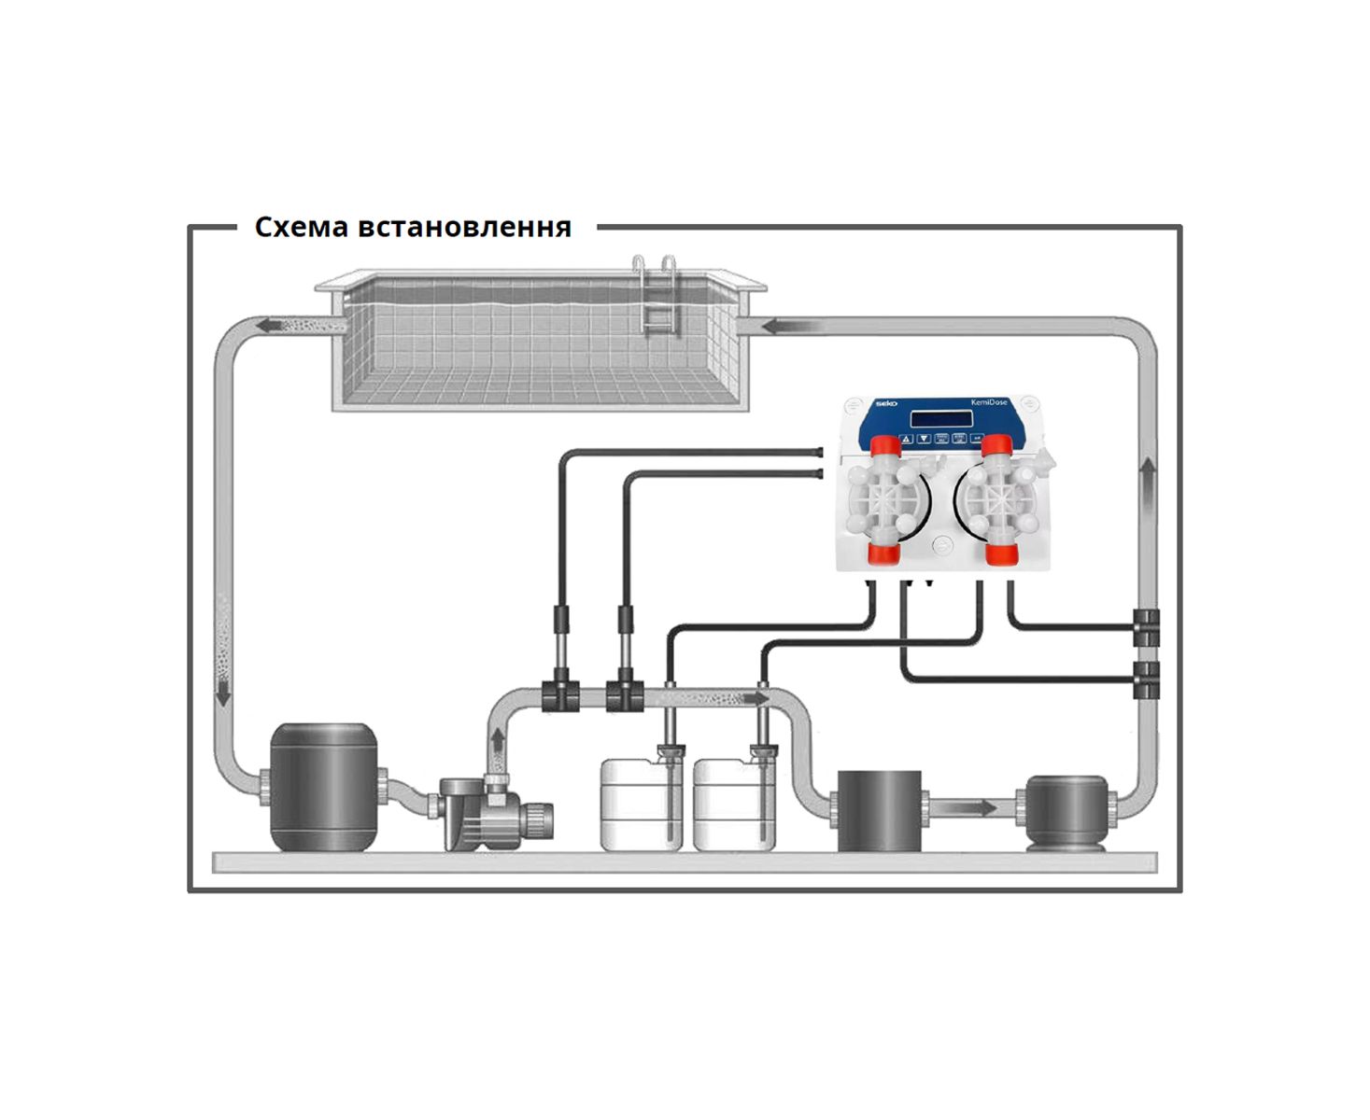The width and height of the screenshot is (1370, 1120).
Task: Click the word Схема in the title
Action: [301, 227]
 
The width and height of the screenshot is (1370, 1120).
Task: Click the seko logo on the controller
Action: [883, 403]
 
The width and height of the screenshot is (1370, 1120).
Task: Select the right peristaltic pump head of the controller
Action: [997, 501]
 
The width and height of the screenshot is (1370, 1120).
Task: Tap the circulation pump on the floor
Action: [495, 812]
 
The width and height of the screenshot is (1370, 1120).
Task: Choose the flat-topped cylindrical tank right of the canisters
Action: [879, 809]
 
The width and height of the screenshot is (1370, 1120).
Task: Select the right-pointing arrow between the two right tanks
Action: [975, 806]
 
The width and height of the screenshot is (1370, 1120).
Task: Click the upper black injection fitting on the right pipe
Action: [1146, 627]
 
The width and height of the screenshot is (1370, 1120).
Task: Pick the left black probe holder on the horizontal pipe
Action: [560, 695]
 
